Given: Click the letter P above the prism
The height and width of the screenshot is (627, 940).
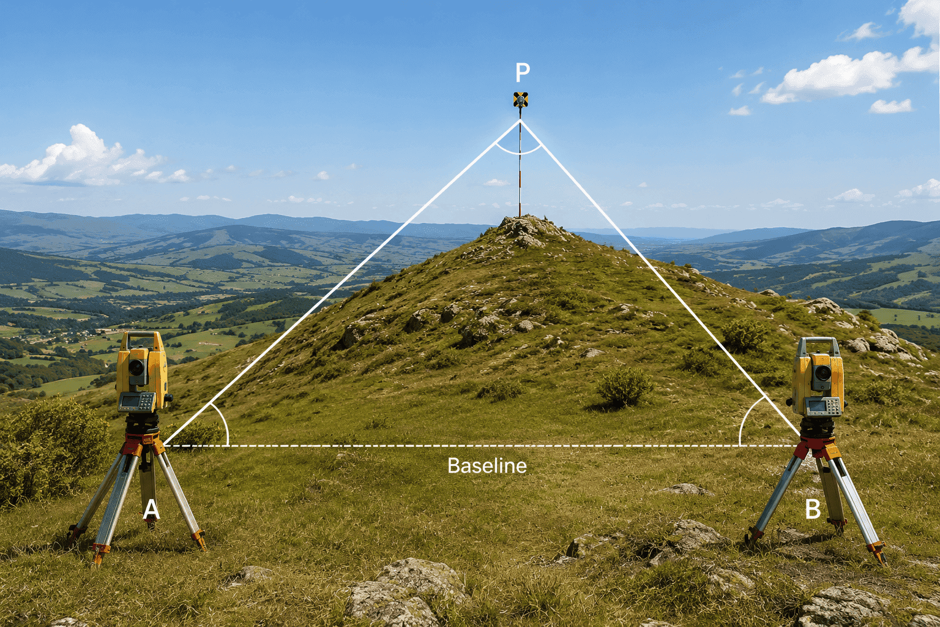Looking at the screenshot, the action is point(523,72).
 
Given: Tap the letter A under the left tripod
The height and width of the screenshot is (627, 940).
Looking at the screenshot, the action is point(152,510).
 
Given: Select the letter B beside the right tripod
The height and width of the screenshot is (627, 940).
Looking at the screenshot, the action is point(813,509).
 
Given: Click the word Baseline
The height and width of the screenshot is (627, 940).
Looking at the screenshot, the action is point(487,466).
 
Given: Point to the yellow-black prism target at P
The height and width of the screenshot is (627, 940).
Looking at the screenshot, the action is point(520,100).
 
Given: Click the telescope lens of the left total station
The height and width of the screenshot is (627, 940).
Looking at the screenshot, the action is point(136,368).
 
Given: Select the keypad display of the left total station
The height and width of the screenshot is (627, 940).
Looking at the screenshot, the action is point(137,402).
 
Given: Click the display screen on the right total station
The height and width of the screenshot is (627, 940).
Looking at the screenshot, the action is point(816,406).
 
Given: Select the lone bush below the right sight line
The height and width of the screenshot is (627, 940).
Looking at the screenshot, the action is point(624,387).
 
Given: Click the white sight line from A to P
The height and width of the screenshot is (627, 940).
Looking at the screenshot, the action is point(341,283).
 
